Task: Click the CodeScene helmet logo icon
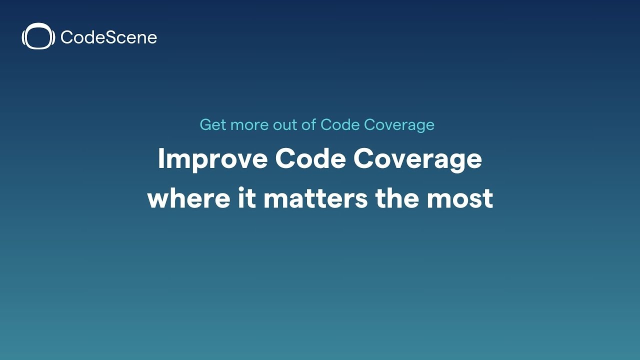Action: click(38, 37)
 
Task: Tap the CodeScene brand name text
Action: click(108, 37)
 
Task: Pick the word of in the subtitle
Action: click(309, 124)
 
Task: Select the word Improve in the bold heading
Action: click(212, 159)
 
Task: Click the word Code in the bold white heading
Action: click(310, 159)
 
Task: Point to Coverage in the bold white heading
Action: click(417, 159)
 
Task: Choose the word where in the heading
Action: click(185, 198)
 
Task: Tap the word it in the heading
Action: click(244, 198)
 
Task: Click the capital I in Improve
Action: click(161, 159)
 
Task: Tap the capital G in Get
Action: click(205, 124)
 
